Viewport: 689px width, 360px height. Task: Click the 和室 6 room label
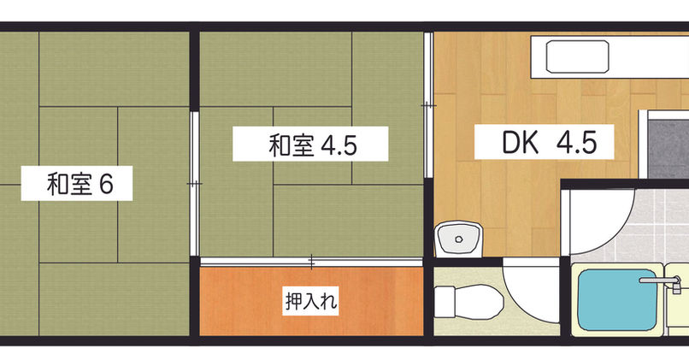tap(80, 184)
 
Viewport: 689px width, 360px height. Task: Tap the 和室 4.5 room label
tap(312, 145)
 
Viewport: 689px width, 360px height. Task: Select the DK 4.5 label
tap(550, 142)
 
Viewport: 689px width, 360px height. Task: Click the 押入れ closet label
tap(311, 301)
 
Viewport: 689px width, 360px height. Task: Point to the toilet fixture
tap(468, 301)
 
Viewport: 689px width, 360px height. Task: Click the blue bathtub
tap(617, 300)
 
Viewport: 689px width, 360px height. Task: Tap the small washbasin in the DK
tap(458, 239)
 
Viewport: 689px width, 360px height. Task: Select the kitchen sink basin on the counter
tap(577, 56)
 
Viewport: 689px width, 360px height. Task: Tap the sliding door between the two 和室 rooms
tap(194, 183)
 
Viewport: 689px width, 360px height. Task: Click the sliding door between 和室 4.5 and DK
tap(429, 105)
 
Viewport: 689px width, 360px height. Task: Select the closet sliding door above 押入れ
tap(311, 262)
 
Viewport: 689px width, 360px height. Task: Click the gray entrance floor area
tap(668, 149)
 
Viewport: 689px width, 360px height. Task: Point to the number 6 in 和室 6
tap(106, 184)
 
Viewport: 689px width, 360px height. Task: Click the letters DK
tap(521, 142)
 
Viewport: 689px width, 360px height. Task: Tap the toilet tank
tap(445, 302)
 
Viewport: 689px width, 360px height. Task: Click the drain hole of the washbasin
tap(459, 239)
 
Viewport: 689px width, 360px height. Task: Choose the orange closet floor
tap(311, 301)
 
